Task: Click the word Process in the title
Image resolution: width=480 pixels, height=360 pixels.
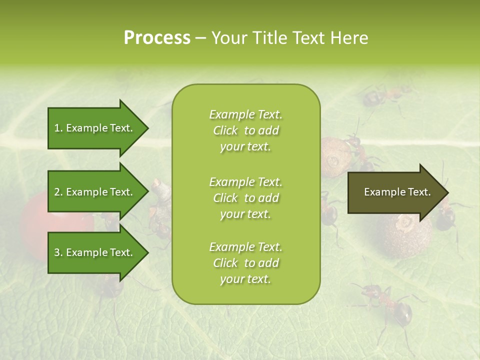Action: point(157,38)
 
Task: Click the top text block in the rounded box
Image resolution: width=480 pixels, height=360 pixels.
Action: point(245,130)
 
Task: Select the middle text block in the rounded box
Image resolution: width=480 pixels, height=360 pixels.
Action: point(245,198)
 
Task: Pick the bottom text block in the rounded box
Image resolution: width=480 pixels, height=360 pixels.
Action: point(245,263)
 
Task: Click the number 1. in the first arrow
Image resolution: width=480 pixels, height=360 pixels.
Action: point(58,128)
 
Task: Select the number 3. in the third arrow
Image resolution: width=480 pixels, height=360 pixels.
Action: point(58,252)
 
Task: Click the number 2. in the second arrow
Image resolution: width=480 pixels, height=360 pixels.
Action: point(58,192)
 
